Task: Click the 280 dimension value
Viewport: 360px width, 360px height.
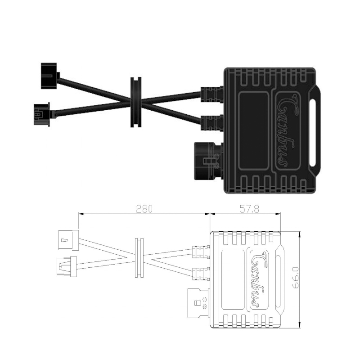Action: [144, 209]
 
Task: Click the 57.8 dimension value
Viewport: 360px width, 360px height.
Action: [249, 209]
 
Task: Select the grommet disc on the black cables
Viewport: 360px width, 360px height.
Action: [136, 102]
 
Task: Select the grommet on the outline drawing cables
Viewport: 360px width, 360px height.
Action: [139, 257]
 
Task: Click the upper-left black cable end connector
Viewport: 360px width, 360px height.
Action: [50, 76]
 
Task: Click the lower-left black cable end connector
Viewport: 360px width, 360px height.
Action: [42, 114]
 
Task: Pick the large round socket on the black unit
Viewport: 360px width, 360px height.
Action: [208, 161]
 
